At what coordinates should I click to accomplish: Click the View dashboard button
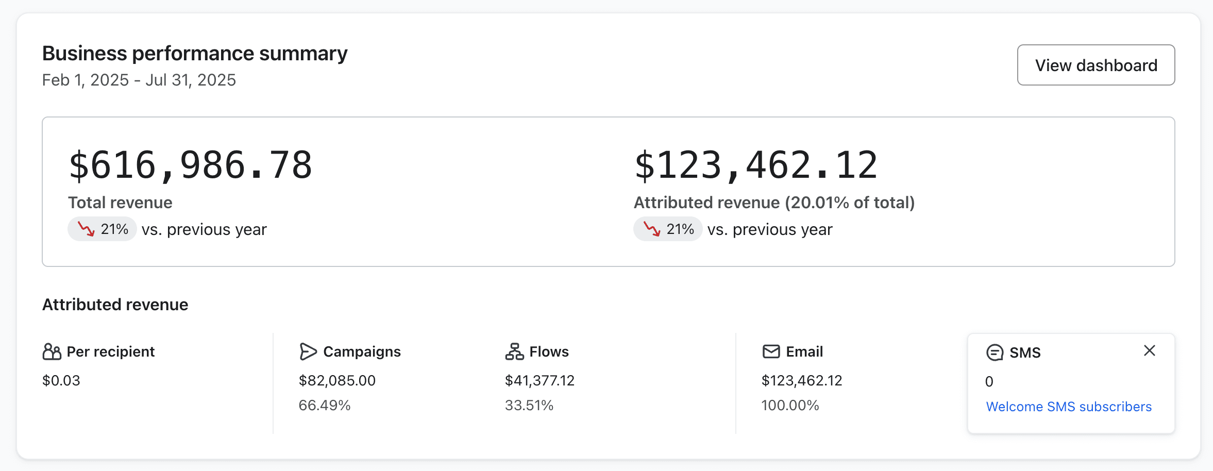(x=1096, y=65)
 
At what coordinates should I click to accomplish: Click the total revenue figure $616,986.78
(x=190, y=165)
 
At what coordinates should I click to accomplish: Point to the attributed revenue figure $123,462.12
(x=755, y=165)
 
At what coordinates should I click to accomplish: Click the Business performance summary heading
(x=194, y=54)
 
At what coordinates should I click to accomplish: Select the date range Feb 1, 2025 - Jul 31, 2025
(x=139, y=80)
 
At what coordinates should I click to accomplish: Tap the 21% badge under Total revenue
(x=102, y=229)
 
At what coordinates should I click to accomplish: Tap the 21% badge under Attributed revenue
(x=668, y=229)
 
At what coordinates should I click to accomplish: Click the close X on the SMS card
(x=1149, y=350)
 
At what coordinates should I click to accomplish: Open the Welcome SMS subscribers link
(x=1068, y=407)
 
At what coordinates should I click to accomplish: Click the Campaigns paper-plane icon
(x=308, y=351)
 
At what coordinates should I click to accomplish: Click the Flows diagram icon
(x=514, y=351)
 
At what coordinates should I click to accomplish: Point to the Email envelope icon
(x=771, y=351)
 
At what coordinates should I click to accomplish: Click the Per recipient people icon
(x=52, y=351)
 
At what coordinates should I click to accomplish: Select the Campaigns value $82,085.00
(x=337, y=380)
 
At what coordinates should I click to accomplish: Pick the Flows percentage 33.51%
(x=529, y=406)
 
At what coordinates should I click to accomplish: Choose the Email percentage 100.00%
(x=790, y=406)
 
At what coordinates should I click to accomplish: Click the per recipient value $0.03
(x=61, y=380)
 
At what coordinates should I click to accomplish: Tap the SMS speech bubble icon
(x=995, y=352)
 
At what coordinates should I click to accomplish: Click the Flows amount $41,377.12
(x=539, y=380)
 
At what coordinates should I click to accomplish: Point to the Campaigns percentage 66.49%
(x=324, y=406)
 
